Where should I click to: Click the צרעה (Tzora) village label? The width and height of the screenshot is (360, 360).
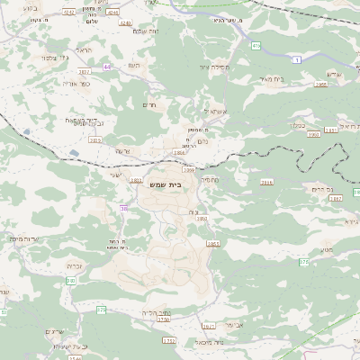coord(123,150)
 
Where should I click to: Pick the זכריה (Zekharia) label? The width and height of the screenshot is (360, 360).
coord(76,267)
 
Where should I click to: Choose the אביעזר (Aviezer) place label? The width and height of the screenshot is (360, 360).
coord(233,323)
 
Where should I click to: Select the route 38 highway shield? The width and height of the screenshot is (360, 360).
coord(122,209)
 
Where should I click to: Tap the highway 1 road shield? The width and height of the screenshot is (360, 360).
coord(296,58)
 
